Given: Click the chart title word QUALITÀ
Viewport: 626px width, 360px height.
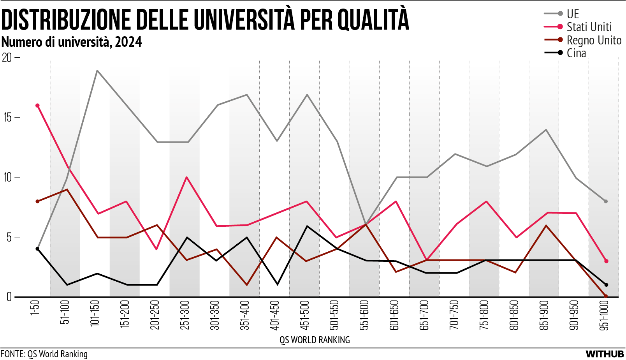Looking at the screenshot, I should [373, 19].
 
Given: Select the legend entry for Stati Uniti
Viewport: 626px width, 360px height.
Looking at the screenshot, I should [589, 27].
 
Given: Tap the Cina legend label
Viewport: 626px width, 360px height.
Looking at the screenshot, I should [576, 53].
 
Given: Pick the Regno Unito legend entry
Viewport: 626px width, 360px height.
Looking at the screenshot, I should [594, 40].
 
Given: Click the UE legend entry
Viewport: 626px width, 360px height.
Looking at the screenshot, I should [573, 14].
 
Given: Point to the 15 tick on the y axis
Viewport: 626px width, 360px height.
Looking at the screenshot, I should [8, 118].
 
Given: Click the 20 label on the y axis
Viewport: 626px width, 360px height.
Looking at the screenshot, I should [7, 58].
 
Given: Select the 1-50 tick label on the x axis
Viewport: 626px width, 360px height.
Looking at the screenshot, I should [35, 307].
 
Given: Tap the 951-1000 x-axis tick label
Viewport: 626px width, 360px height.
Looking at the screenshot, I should [604, 315].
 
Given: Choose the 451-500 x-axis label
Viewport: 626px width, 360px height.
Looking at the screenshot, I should [304, 314].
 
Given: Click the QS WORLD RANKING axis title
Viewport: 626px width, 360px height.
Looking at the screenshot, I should [315, 340].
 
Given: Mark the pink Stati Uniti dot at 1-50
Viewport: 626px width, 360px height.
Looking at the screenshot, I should [37, 106].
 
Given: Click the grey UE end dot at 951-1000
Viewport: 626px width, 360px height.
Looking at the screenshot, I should [606, 201].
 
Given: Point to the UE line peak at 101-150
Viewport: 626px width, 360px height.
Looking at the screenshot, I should [97, 71].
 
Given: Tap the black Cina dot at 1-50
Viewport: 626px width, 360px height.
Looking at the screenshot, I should [37, 249].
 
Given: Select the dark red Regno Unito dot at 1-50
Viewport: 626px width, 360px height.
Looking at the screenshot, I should [37, 201].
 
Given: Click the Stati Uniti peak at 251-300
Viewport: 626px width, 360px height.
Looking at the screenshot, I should [187, 177].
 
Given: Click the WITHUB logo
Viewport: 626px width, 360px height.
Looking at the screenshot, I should [605, 354].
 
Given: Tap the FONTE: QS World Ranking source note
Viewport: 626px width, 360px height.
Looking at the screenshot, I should [44, 354].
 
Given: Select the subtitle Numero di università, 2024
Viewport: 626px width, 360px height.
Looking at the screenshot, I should [72, 42].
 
